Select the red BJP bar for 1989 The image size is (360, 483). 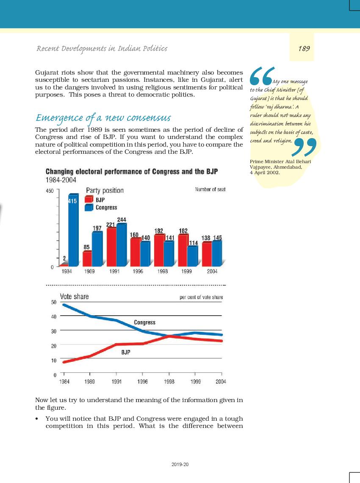pos(88,258)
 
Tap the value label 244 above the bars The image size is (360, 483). pos(122,219)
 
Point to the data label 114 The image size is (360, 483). pos(193,243)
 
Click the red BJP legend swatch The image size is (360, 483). pos(89,200)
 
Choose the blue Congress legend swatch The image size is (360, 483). pos(89,207)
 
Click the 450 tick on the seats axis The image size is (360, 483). pos(50,191)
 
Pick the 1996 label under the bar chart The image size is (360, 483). pos(138,272)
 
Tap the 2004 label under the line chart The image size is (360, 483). pos(221,382)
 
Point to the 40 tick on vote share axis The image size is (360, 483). pos(54,316)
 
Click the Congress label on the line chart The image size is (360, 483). pos(145,322)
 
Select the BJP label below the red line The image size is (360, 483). pos(126,352)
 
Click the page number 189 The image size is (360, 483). pos(304,48)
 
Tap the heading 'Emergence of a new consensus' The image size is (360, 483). pos(103,118)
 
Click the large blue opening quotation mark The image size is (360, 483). pos(261,76)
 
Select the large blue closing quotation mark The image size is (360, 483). pos(304,147)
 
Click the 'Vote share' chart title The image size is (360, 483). pos(74,297)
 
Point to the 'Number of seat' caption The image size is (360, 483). pos(210,189)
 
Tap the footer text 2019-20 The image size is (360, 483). pos(180,464)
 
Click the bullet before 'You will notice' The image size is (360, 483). pos(37,419)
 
